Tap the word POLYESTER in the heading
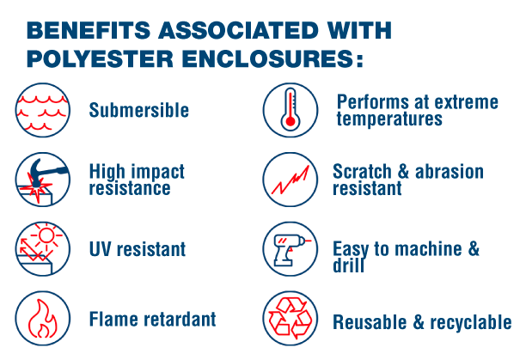click(100, 59)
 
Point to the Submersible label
click(139, 110)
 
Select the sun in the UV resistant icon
click(46, 235)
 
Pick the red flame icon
click(43, 318)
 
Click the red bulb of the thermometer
click(291, 121)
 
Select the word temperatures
click(389, 119)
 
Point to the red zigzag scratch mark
click(291, 180)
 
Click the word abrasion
click(450, 172)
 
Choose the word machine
click(428, 249)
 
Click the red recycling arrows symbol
click(291, 318)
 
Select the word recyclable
click(471, 322)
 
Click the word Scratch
click(362, 172)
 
